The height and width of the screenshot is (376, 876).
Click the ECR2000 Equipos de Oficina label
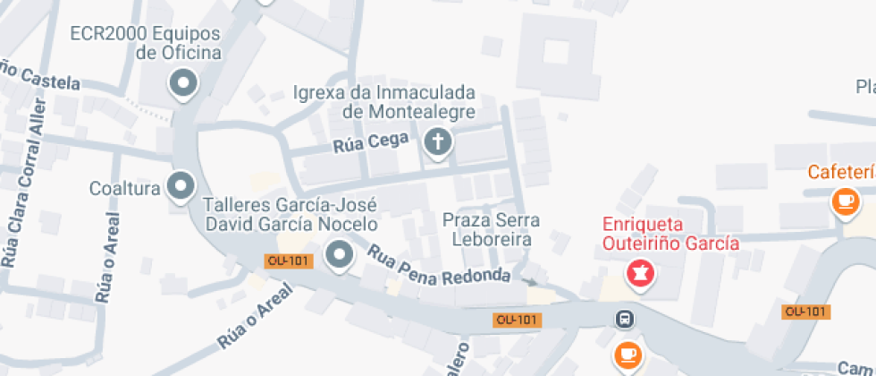pos(146,43)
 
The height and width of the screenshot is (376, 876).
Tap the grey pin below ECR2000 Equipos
pos(183,84)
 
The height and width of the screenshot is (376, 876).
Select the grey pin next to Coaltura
pos(182,186)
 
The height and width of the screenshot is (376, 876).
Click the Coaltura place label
pos(124,189)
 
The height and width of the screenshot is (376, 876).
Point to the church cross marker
pos(437,141)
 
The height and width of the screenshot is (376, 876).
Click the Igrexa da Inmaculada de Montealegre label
pos(384,102)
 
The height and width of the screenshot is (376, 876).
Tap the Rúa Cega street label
pos(371,142)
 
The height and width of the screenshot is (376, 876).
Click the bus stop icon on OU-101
pos(625,319)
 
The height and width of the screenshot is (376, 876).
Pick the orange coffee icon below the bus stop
pos(628,355)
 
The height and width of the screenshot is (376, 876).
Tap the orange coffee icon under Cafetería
pos(845,201)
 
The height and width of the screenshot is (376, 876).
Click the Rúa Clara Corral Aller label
pos(23,192)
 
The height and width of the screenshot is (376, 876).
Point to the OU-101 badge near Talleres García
pos(289,261)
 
